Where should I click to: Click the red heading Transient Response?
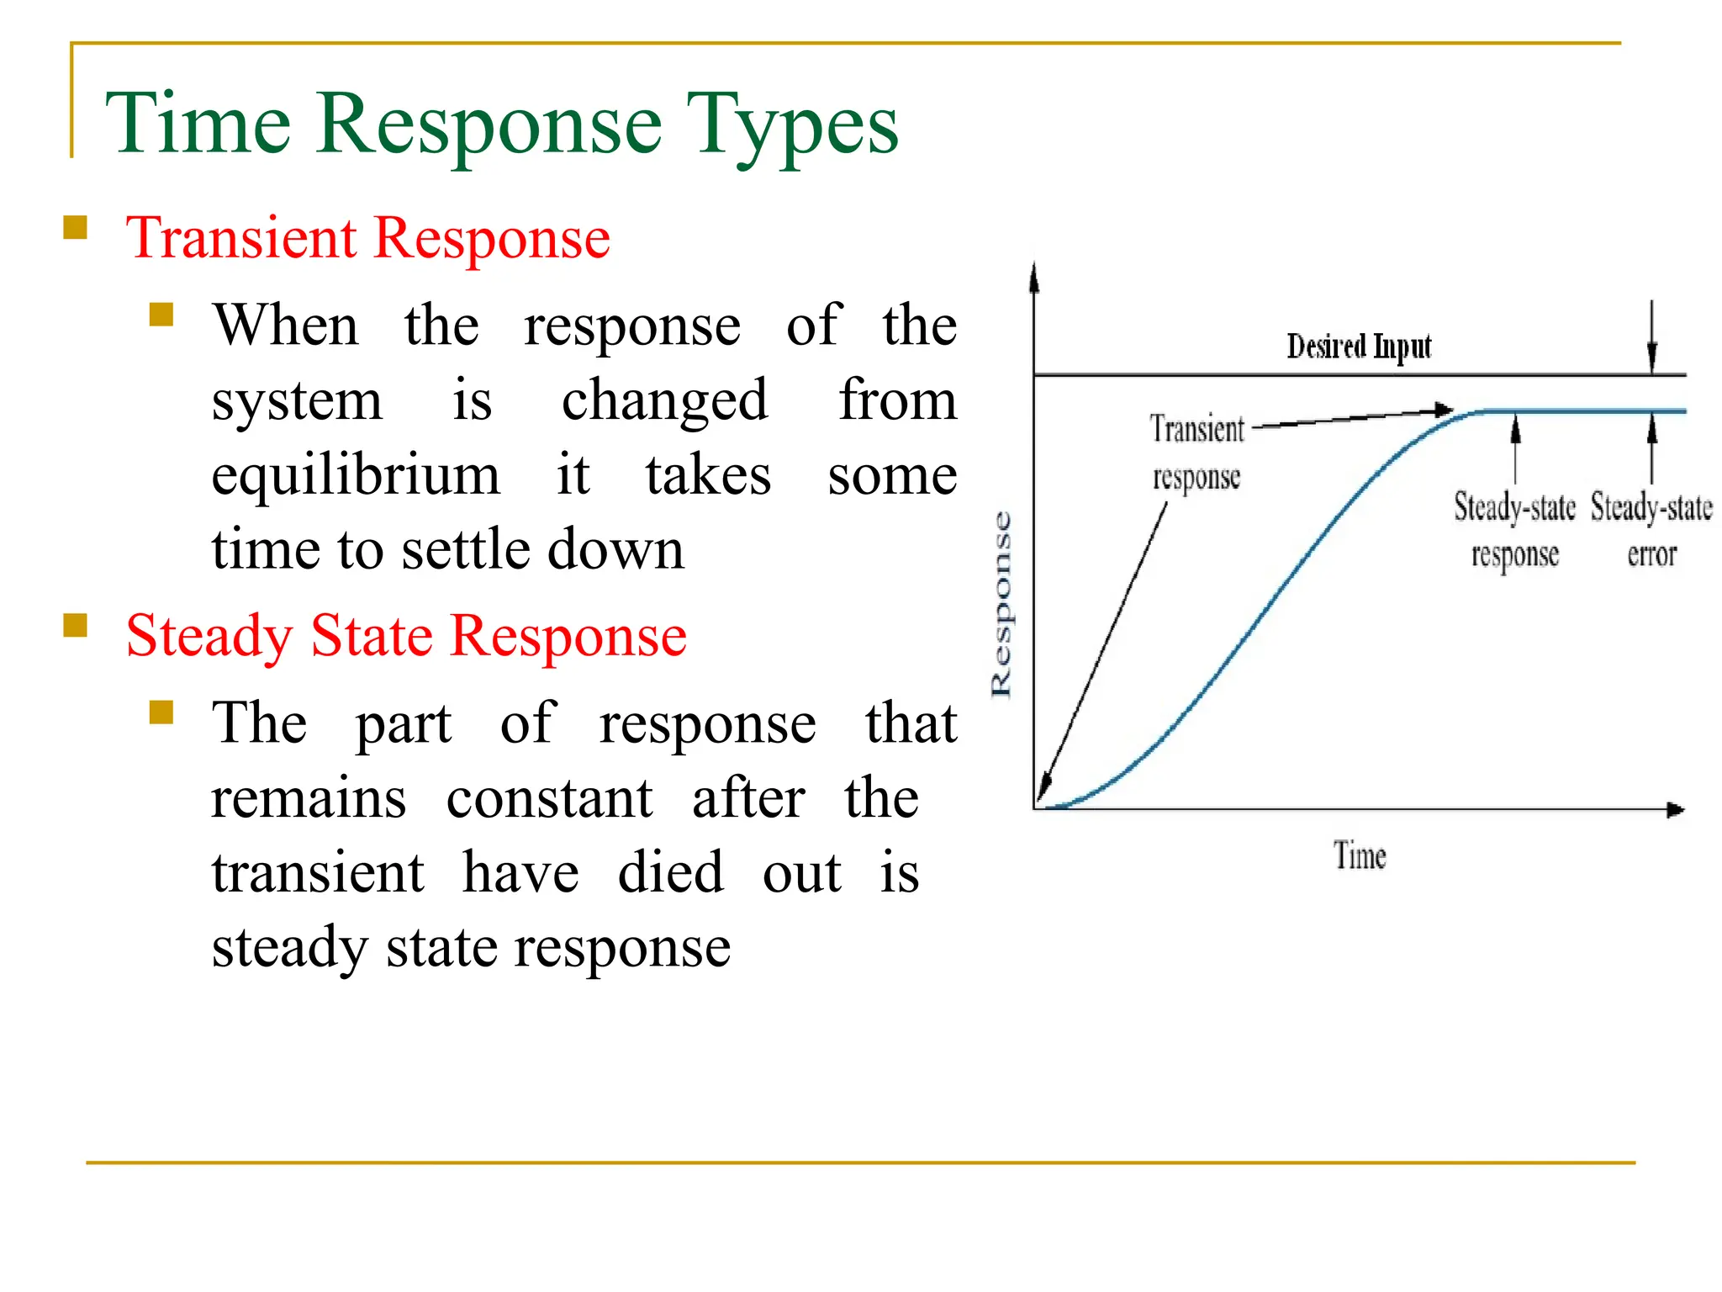367,238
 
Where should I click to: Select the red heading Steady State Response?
406,636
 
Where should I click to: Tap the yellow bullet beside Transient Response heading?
76,228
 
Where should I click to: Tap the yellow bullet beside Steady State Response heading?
76,626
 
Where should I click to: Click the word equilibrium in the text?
356,475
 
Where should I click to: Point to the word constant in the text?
549,798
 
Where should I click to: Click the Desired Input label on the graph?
1359,347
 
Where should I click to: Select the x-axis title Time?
1360,856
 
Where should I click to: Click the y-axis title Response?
1001,604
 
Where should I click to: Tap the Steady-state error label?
1651,530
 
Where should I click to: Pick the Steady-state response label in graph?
1514,530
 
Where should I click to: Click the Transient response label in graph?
1196,453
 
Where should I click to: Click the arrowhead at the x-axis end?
1676,810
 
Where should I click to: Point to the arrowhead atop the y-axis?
1034,276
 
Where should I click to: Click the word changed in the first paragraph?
664,400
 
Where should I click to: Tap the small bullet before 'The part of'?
161,712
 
